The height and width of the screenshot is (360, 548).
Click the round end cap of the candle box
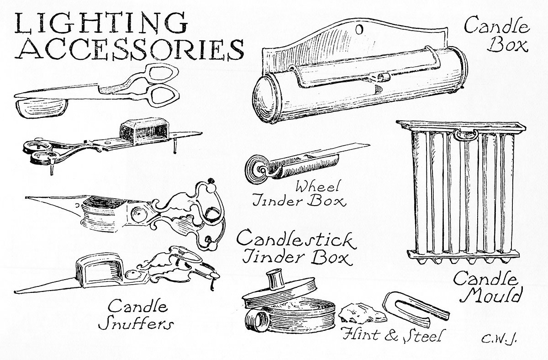pos(264,98)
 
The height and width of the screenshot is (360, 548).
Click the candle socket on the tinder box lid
pos(274,278)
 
